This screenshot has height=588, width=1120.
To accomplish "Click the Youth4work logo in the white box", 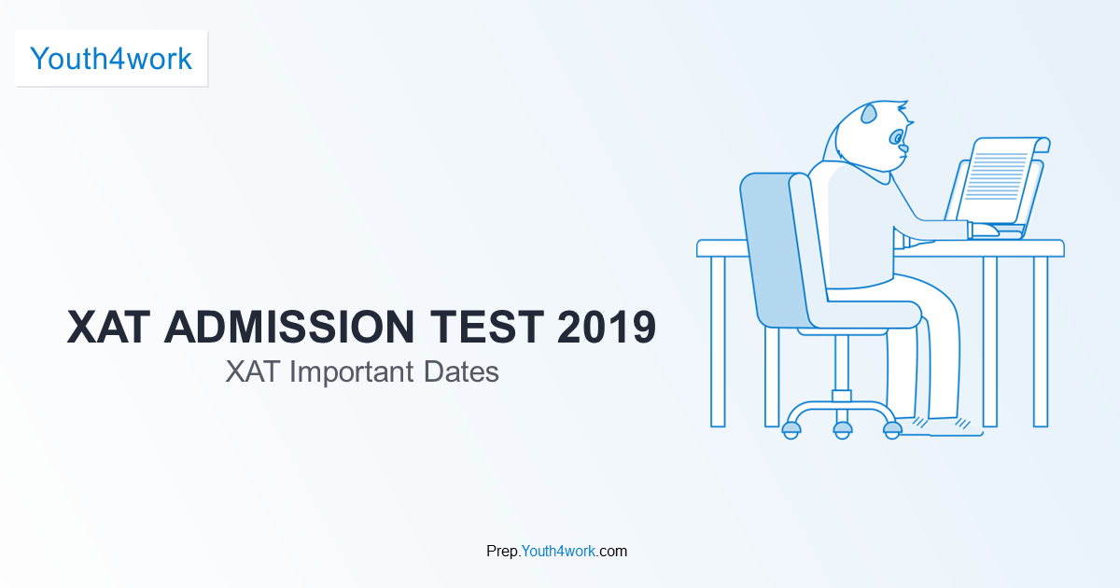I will tap(111, 59).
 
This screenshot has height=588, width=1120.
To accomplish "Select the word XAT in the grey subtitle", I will tap(253, 371).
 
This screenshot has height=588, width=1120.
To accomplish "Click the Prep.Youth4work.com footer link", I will tap(556, 551).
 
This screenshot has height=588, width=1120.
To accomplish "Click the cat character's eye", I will tap(900, 137).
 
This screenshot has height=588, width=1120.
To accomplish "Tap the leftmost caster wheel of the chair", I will tap(791, 429).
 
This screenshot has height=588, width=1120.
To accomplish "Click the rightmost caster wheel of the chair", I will tap(892, 429).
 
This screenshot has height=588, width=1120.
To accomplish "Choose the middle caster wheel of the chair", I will tap(843, 429).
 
